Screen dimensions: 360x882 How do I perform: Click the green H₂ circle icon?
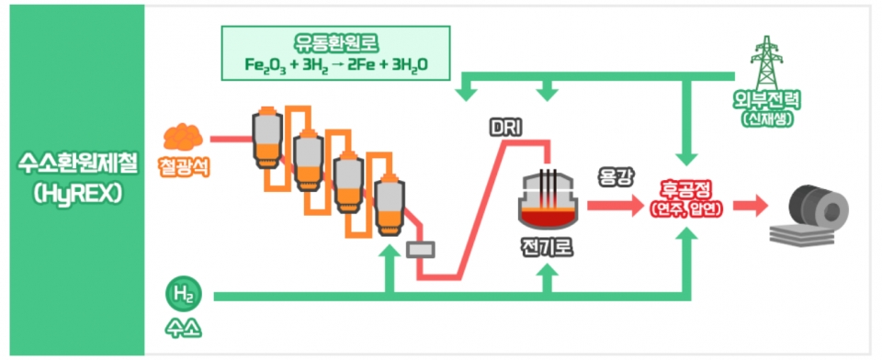point(180,296)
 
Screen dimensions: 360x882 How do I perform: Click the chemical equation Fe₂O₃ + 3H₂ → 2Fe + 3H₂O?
point(336,65)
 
